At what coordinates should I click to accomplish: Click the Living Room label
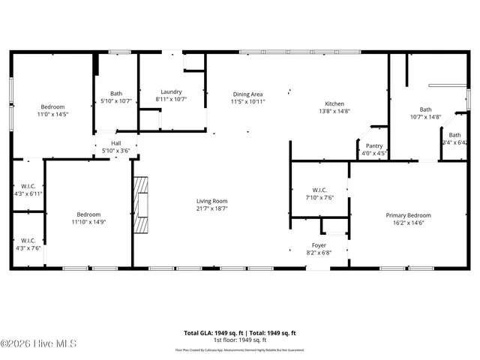coord(212,202)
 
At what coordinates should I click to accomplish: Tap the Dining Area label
coord(247,94)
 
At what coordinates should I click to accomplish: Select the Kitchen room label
coord(334,103)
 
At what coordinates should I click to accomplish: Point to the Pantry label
coord(373,146)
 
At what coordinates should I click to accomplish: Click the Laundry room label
coord(171,91)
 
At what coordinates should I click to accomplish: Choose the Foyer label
coord(319,245)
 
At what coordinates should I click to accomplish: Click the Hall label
coord(115,143)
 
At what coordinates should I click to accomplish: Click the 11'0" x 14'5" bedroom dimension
coord(52,114)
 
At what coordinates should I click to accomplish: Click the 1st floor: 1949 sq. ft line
coord(240,340)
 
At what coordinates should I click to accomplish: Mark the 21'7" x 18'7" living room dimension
coord(212,209)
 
